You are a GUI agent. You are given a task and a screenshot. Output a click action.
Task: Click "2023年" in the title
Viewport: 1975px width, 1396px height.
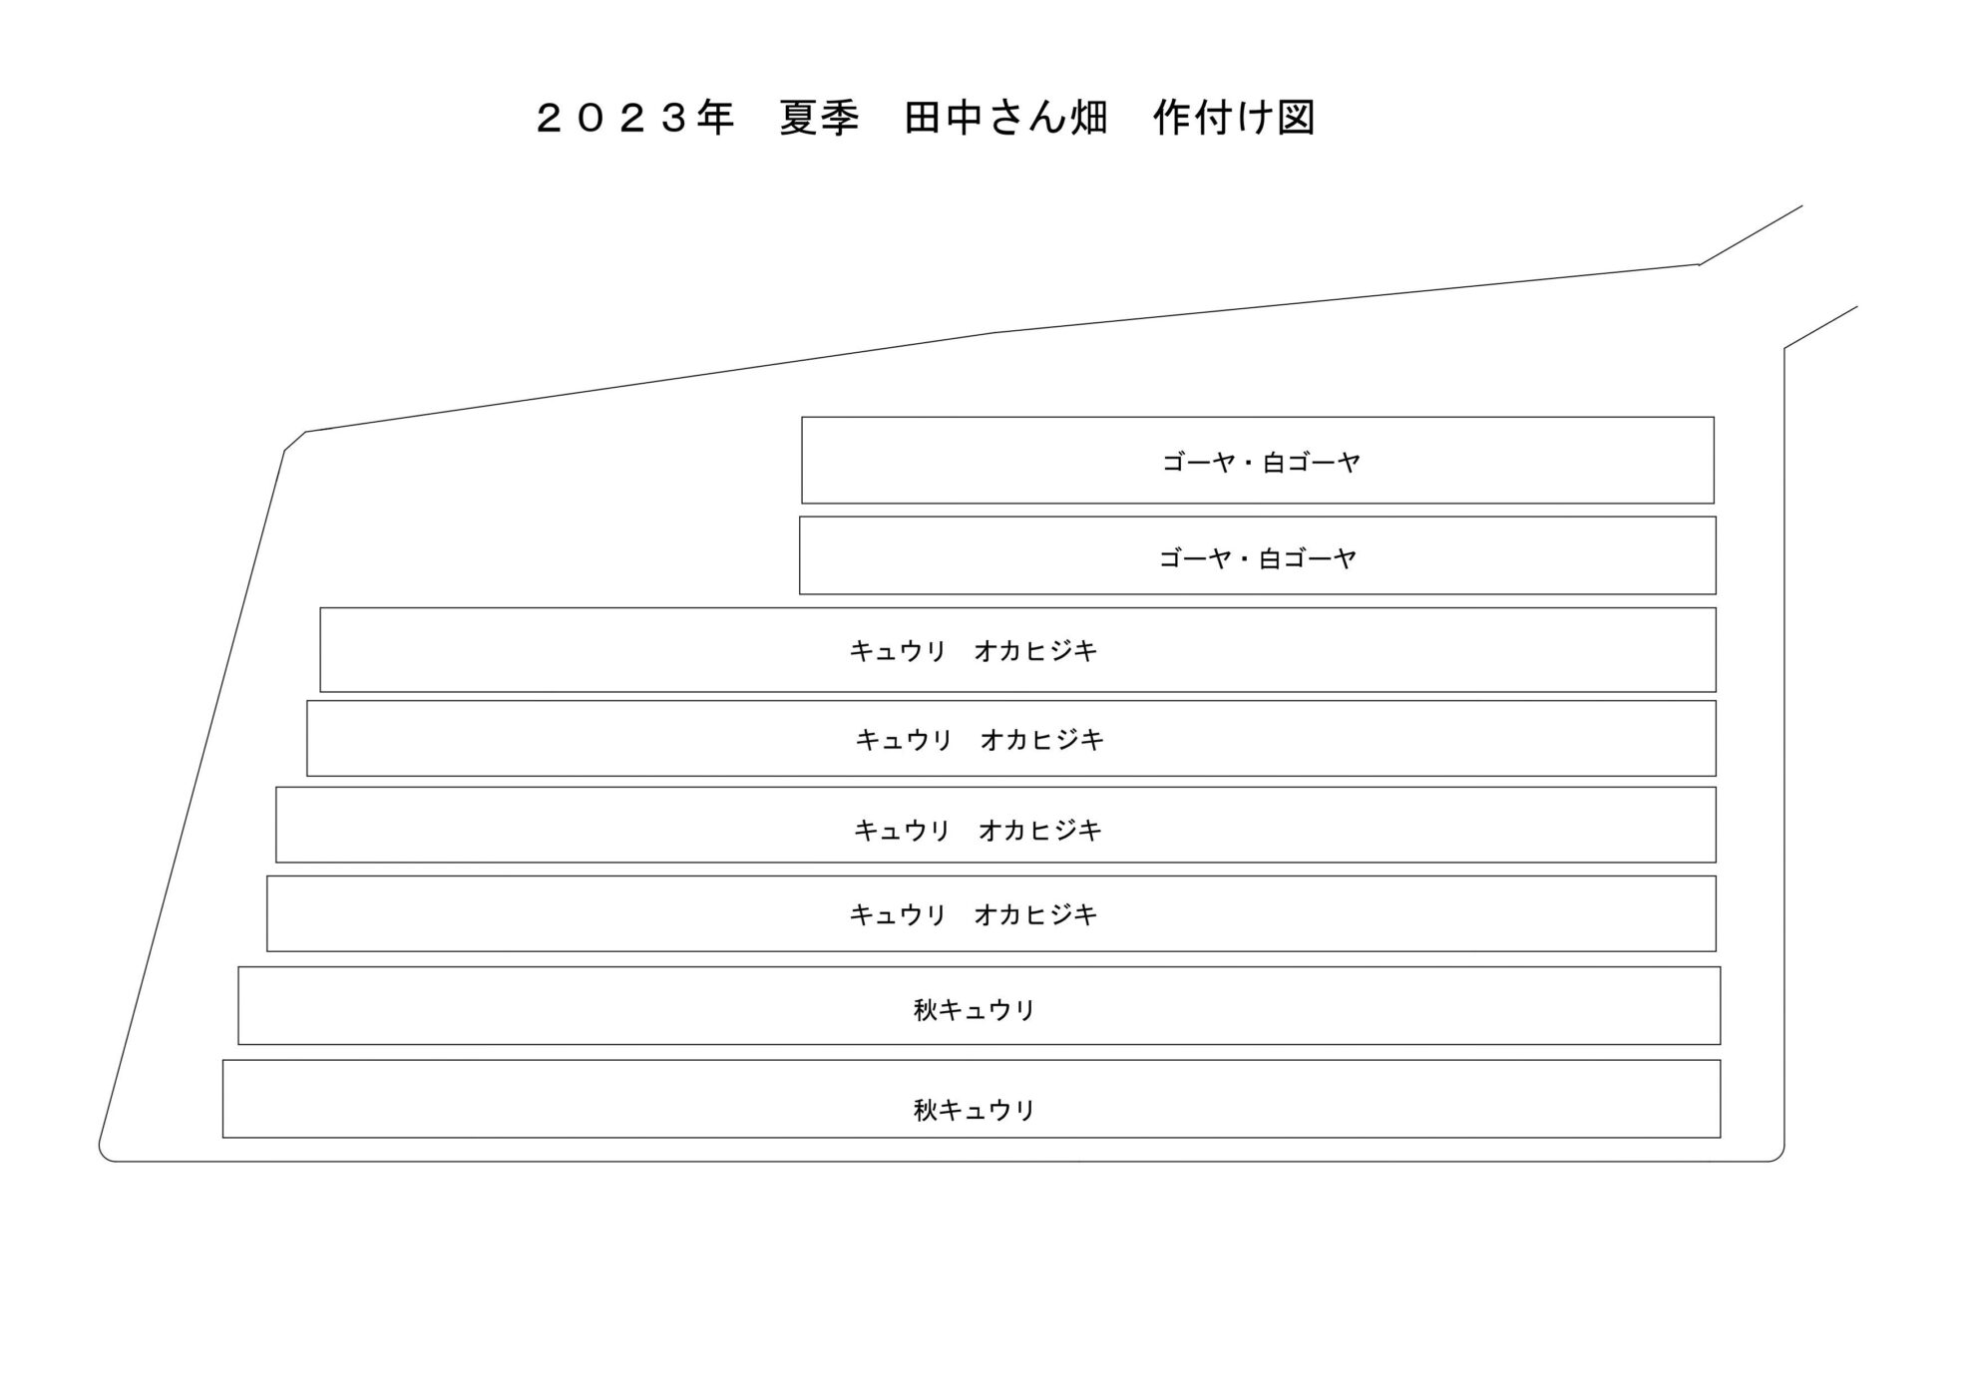[635, 119]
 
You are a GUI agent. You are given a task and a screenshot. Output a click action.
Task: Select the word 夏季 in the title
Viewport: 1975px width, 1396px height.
[819, 119]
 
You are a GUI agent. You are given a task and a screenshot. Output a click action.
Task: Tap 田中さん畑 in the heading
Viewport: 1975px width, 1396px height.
[1005, 119]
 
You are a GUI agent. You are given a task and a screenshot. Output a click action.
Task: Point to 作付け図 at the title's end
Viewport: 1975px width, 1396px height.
[1235, 119]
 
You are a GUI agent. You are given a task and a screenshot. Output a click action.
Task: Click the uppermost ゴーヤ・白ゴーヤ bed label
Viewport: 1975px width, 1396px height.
[1262, 463]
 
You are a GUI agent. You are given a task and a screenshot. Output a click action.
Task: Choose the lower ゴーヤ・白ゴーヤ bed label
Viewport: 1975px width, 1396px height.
[1258, 558]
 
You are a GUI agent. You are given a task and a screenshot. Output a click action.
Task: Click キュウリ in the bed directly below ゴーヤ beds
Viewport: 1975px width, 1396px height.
[898, 651]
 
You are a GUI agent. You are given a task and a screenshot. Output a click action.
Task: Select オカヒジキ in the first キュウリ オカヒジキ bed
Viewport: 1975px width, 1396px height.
[1035, 651]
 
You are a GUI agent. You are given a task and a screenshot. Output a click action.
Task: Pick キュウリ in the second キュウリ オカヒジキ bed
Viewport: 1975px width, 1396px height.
[904, 740]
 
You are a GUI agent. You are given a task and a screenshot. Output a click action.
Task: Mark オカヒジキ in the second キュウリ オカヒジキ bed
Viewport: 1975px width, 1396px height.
[1042, 740]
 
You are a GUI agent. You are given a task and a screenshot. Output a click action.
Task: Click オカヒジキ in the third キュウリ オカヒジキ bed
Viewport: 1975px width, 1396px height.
[1040, 830]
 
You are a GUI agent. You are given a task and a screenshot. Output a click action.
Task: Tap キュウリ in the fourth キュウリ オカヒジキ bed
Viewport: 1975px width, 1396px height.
[898, 914]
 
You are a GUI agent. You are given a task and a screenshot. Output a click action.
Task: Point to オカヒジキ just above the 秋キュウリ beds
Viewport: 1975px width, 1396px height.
[1035, 914]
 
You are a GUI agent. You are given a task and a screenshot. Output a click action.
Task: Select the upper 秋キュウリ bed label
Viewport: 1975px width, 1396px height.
[975, 1010]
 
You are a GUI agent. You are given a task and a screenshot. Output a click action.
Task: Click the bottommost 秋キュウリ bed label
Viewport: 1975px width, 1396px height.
[975, 1110]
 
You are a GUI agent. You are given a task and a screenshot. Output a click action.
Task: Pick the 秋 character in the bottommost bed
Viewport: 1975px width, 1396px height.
[926, 1110]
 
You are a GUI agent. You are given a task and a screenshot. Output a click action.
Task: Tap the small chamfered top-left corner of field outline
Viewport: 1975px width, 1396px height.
[294, 441]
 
